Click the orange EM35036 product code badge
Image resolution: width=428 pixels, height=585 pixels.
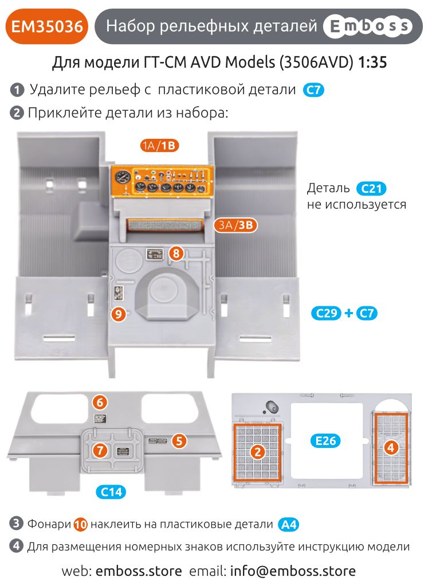tap(46, 26)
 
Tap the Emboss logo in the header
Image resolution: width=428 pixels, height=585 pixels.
tap(368, 26)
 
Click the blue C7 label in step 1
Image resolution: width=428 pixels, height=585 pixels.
tap(313, 90)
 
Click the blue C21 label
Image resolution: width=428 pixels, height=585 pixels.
tap(371, 188)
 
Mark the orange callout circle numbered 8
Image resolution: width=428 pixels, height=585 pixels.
tap(176, 252)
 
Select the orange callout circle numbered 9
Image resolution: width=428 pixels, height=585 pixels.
tap(118, 313)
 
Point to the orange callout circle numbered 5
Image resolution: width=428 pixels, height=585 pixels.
tap(179, 440)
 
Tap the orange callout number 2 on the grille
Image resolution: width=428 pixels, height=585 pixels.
tap(258, 452)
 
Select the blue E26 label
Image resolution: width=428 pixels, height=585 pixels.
tap(326, 440)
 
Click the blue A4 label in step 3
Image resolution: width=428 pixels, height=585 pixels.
tap(289, 524)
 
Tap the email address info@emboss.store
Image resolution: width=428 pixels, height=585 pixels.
tap(293, 571)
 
